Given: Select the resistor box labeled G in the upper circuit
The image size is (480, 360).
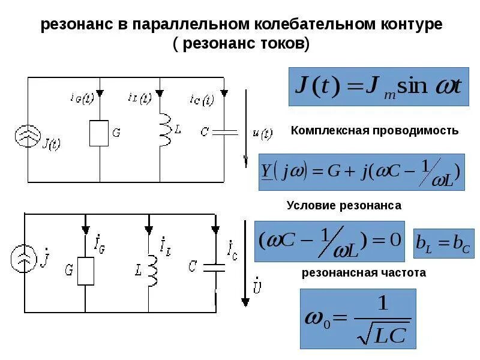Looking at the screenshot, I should click(x=99, y=133).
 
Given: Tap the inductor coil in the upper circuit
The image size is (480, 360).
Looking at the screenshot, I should click(x=163, y=130).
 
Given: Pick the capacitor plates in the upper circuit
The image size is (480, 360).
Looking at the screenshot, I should click(x=224, y=131).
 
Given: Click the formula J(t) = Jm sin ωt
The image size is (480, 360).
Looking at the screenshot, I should click(x=379, y=86).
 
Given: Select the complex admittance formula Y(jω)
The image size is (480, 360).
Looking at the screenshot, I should click(x=361, y=172).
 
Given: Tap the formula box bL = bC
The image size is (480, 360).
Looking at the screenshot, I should click(x=443, y=243).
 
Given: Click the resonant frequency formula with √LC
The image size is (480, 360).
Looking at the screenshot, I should click(x=358, y=319).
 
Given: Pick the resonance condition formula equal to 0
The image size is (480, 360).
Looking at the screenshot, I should click(x=329, y=241).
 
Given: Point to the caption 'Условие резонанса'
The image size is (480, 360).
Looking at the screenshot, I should click(x=344, y=205).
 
